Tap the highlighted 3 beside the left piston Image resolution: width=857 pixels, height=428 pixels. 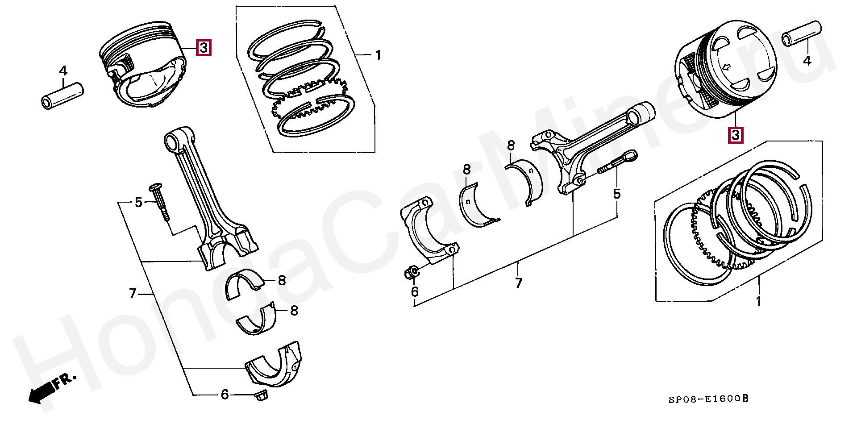pos(203,47)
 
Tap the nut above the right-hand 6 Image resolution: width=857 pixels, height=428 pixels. pos(412,272)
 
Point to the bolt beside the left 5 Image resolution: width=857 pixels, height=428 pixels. pos(161,201)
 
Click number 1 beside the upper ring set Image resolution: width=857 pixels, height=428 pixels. pos(378,56)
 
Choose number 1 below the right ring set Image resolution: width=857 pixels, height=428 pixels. pos(758,302)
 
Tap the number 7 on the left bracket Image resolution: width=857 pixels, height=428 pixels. pos(132,294)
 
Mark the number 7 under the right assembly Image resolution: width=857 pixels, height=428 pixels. pos(518,283)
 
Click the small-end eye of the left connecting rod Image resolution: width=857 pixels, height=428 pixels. pos(172,141)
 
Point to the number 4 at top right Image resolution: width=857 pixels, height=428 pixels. pos(807,60)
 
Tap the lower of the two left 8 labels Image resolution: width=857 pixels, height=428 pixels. pos(294,311)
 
